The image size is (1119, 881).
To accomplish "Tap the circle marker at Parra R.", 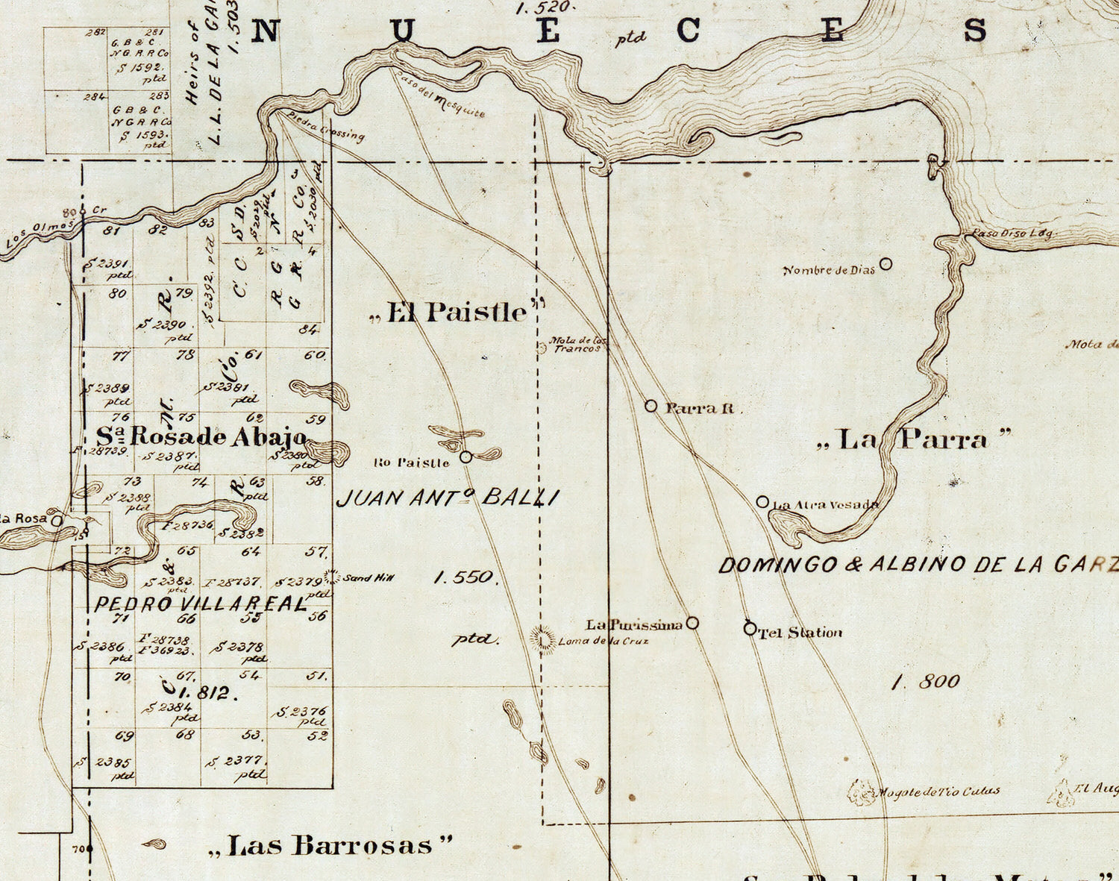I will point(651,406).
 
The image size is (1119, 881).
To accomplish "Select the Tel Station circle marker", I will point(750,629).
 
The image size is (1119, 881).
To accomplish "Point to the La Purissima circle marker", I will point(692,623).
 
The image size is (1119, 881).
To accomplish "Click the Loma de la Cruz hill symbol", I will point(543,639).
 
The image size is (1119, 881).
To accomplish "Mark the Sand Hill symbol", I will point(331,577).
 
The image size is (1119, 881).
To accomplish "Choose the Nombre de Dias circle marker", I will point(886,263).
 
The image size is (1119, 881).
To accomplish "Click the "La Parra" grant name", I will point(914,439).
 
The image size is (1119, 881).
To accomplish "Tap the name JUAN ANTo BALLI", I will point(447,498).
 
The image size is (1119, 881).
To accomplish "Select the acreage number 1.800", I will point(925,681).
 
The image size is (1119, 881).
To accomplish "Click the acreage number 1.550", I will point(463,577).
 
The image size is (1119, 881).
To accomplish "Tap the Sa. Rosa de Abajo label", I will point(201,436).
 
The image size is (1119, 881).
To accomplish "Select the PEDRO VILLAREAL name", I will point(200,604).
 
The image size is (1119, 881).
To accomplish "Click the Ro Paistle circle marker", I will point(466,457).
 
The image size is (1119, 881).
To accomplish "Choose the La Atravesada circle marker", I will point(762,502).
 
